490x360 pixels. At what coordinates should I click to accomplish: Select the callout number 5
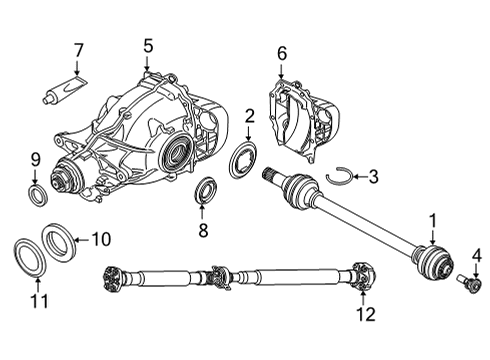point(148,45)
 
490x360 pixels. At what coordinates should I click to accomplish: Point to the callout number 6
point(281,53)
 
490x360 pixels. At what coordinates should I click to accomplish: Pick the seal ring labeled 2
point(242,160)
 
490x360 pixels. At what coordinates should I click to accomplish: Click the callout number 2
point(247,118)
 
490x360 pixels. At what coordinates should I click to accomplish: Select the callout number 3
point(373,178)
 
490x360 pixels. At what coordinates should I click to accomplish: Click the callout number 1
point(433,219)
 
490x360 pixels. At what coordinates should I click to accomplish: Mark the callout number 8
point(203,231)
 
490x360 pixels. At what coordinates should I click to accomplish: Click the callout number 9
point(34,158)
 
